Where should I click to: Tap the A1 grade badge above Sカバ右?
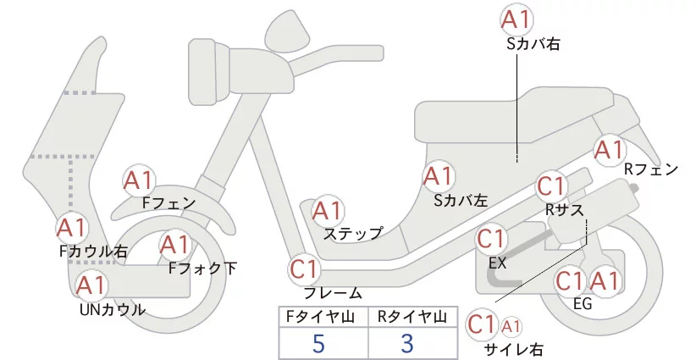click(519, 19)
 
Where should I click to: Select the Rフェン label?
click(651, 169)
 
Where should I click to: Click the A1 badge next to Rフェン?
click(609, 151)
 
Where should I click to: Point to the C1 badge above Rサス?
click(551, 186)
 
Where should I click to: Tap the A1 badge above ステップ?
click(328, 211)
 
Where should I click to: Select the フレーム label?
click(333, 293)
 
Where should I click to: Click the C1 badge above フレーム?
click(305, 270)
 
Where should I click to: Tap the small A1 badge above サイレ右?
click(512, 325)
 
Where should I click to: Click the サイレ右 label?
click(513, 348)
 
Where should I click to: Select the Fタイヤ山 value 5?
click(318, 344)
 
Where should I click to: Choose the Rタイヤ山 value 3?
click(407, 344)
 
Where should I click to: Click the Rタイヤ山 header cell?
click(412, 317)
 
